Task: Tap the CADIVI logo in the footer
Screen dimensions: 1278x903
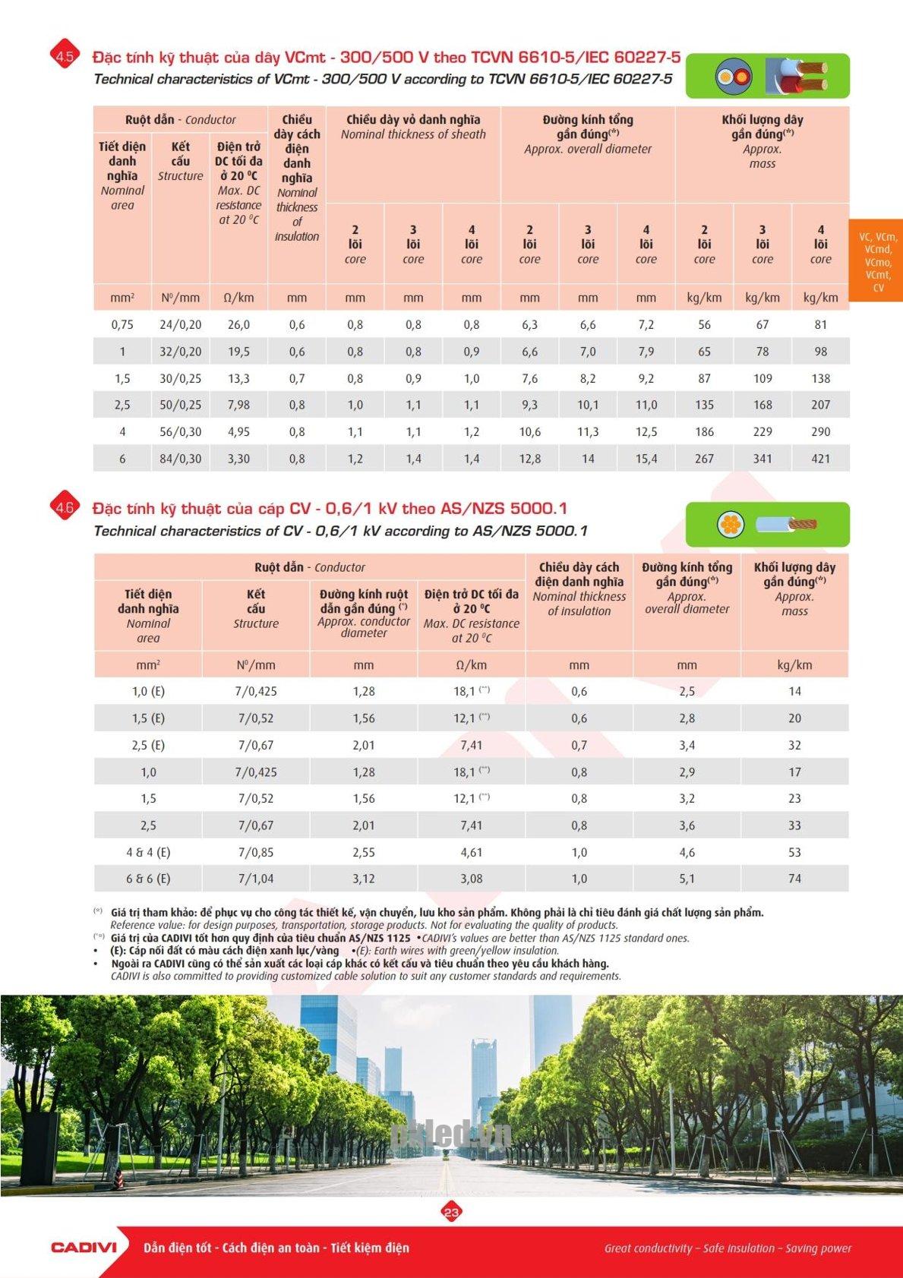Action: [84, 1247]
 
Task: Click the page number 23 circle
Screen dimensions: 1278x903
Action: [451, 1212]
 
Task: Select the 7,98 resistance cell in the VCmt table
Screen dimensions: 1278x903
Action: [238, 405]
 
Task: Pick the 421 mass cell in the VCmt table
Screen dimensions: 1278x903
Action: [820, 459]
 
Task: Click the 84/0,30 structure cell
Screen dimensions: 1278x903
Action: [181, 459]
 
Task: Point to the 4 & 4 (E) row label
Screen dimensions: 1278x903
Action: [148, 852]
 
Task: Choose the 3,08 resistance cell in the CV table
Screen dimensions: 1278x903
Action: [471, 879]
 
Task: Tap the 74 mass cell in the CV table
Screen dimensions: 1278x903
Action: [794, 879]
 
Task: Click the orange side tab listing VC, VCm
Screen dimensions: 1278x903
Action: [877, 261]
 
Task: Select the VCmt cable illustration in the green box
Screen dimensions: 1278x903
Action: [767, 76]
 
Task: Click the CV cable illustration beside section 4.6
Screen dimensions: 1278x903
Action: [767, 524]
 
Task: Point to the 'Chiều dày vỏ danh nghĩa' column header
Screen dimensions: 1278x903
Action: [413, 126]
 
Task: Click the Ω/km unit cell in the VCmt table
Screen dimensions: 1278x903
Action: [238, 298]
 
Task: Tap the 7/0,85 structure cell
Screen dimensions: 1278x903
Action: [256, 852]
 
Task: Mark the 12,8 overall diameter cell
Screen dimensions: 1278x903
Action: [529, 459]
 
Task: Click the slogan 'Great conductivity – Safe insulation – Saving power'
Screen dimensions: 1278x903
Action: [728, 1248]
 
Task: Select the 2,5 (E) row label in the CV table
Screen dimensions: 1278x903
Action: [148, 745]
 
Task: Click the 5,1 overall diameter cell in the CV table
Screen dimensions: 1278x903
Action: [687, 879]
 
